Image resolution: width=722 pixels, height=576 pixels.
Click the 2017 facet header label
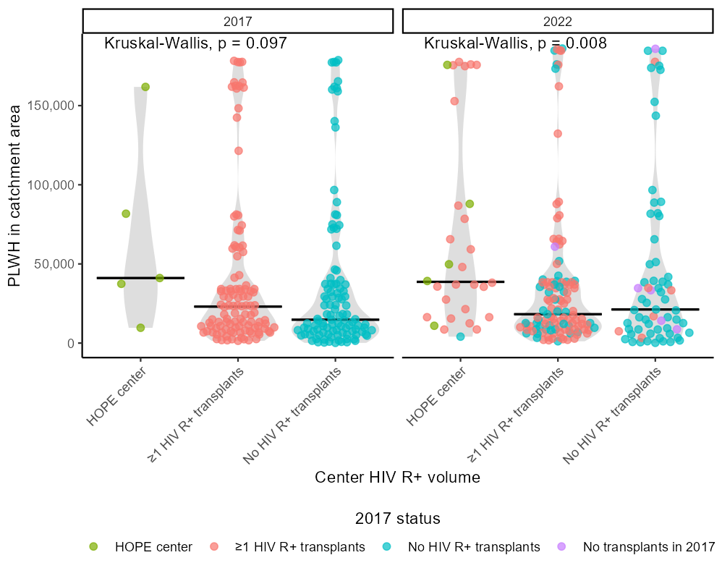pyautogui.click(x=237, y=20)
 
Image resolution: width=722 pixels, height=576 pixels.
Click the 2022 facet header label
pyautogui.click(x=557, y=20)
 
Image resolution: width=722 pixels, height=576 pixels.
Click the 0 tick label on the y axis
pyautogui.click(x=70, y=343)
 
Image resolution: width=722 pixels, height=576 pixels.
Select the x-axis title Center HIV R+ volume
pyautogui.click(x=397, y=478)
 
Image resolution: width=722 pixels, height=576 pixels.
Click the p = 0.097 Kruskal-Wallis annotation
pyautogui.click(x=195, y=43)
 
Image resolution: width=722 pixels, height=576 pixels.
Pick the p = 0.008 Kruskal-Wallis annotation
pyautogui.click(x=515, y=43)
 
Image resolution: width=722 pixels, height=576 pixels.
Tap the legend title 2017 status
pyautogui.click(x=397, y=519)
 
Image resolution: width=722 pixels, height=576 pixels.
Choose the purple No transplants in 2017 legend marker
pyautogui.click(x=560, y=546)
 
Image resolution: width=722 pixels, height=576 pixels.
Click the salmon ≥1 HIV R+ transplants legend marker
pyautogui.click(x=216, y=546)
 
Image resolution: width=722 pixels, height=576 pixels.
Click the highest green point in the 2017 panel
pyautogui.click(x=145, y=87)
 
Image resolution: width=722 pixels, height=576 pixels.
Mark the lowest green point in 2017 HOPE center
pyautogui.click(x=141, y=328)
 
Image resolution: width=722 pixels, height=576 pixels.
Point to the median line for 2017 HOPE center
pyautogui.click(x=140, y=278)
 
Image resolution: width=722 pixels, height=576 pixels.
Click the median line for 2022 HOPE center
pyautogui.click(x=460, y=281)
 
